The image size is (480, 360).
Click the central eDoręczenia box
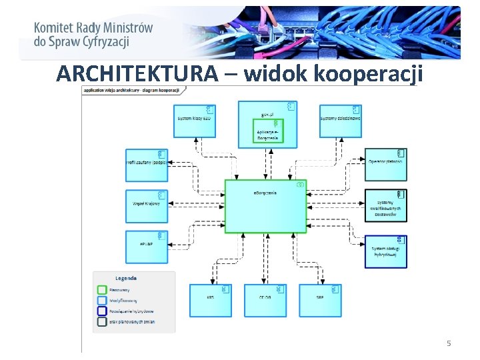265,206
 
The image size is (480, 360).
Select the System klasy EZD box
194,121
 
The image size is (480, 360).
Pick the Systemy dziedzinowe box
340,121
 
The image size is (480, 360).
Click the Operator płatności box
385,165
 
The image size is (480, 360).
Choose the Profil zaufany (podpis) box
146,165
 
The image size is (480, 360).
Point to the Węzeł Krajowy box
146,206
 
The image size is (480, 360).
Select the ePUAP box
146,247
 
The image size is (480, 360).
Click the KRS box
211,300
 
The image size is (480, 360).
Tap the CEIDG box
265,300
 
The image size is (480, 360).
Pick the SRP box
320,300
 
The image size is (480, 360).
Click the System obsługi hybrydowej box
385,251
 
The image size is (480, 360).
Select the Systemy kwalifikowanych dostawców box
385,205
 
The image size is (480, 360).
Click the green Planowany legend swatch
102,290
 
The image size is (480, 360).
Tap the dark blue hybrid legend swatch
102,311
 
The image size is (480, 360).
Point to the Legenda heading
126,278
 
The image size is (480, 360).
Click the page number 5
449,343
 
